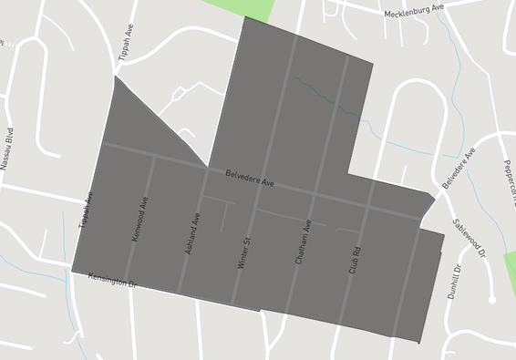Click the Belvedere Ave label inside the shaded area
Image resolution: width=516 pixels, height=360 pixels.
click(x=250, y=177)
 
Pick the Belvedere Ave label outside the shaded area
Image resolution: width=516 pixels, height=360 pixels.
click(x=459, y=170)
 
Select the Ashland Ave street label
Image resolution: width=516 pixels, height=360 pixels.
click(x=192, y=232)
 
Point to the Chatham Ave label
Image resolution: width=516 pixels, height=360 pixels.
click(x=304, y=242)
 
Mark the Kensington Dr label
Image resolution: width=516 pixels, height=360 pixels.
click(x=112, y=280)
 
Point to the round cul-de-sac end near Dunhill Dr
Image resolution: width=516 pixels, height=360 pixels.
click(x=492, y=298)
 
